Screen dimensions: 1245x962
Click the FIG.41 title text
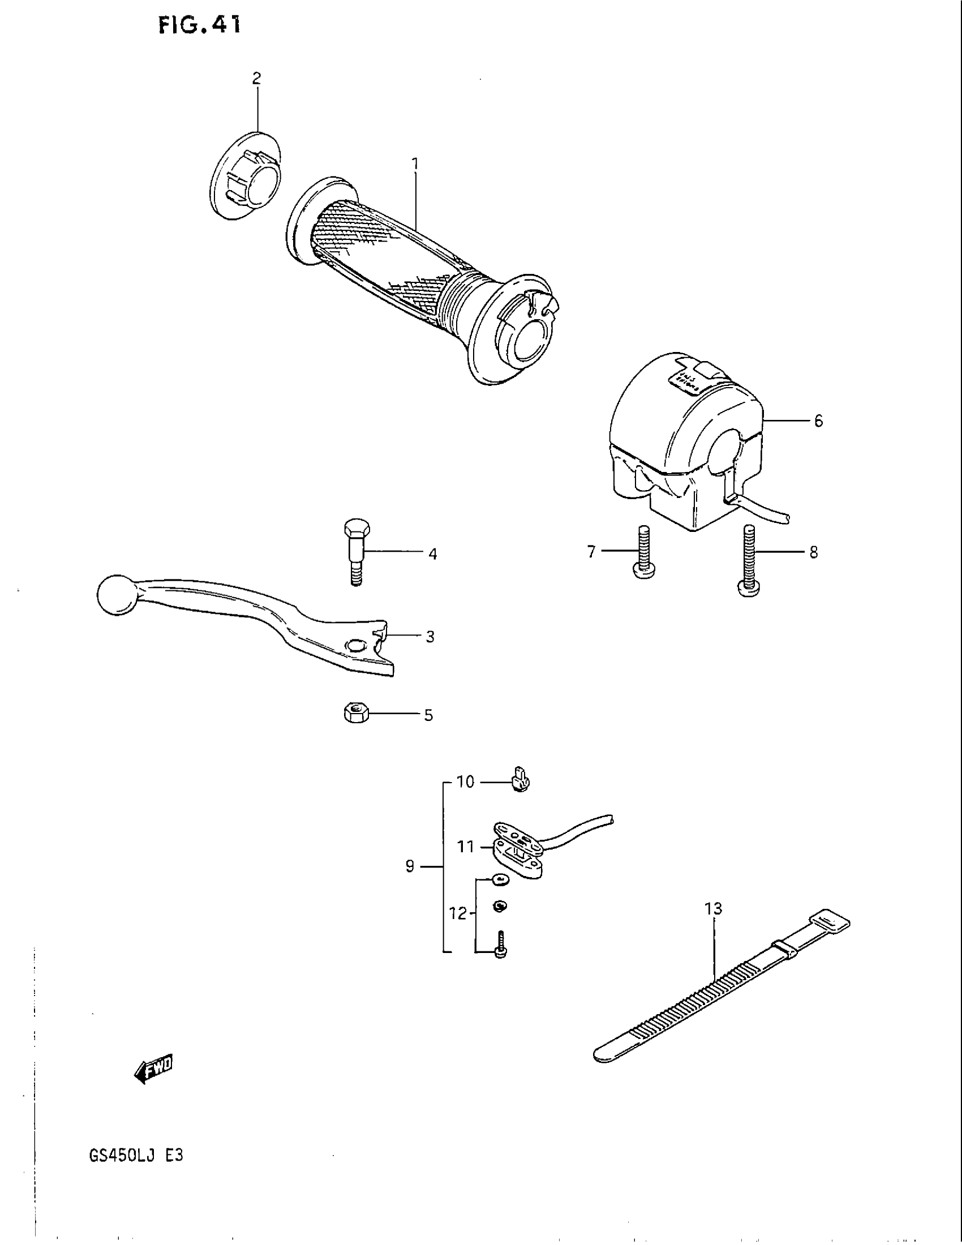pyautogui.click(x=199, y=25)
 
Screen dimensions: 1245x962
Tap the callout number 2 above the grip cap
pyautogui.click(x=256, y=79)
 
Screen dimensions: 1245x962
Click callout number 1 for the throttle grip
pyautogui.click(x=415, y=165)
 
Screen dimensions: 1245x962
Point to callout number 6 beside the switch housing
pyautogui.click(x=818, y=421)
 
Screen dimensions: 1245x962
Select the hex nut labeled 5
pyautogui.click(x=357, y=712)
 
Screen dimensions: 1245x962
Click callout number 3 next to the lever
pyautogui.click(x=430, y=637)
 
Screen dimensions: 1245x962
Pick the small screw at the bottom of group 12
pyautogui.click(x=501, y=947)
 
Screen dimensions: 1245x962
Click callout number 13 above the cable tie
pyautogui.click(x=713, y=908)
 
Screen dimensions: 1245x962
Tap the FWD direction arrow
pyautogui.click(x=153, y=1068)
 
